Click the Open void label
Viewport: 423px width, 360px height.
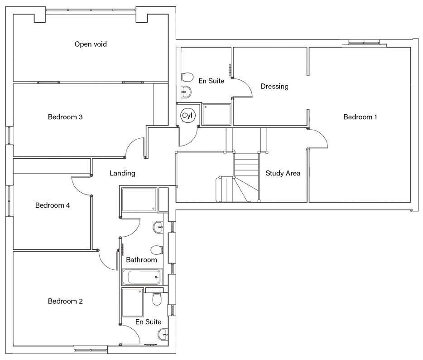click(x=91, y=44)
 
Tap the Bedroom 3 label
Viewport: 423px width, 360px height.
click(x=65, y=117)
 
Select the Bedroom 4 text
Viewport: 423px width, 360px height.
click(x=53, y=205)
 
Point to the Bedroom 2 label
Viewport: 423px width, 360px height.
click(x=65, y=301)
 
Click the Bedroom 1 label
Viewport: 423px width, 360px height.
click(x=360, y=117)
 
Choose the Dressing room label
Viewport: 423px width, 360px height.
click(x=274, y=86)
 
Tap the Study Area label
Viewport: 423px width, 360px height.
click(x=283, y=173)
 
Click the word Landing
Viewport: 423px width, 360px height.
click(x=122, y=173)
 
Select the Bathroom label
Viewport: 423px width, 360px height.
click(x=141, y=260)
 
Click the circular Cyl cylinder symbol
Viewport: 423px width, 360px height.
click(x=187, y=116)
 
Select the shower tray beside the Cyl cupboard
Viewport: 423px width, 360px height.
click(x=216, y=114)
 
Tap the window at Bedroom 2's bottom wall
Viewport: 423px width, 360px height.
click(x=91, y=349)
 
